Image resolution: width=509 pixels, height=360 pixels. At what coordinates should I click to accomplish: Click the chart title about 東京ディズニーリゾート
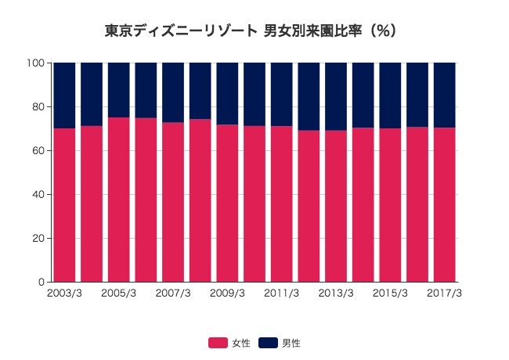pos(254,31)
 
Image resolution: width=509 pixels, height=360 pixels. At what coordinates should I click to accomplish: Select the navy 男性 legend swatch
pos(268,343)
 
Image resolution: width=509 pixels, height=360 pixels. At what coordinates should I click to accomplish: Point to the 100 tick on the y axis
pos(37,63)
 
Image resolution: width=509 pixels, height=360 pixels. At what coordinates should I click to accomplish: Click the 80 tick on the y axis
pos(39,106)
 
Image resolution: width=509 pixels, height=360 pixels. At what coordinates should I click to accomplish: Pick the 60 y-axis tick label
pos(39,150)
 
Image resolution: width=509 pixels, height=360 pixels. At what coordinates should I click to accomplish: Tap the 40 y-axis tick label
pos(39,194)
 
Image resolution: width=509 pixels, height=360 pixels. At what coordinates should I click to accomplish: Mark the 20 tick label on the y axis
pos(39,238)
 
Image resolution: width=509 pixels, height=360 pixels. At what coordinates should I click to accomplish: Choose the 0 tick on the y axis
pos(42,282)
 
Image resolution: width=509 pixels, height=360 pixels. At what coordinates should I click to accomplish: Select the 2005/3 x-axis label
pos(119,293)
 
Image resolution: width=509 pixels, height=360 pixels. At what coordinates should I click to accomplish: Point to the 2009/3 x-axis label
pos(227,293)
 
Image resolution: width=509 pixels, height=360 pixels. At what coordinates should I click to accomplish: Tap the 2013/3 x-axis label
pos(336,293)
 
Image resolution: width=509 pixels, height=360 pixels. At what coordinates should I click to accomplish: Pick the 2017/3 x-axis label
pos(444,293)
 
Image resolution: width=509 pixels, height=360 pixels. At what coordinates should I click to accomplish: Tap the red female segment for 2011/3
pos(281,203)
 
